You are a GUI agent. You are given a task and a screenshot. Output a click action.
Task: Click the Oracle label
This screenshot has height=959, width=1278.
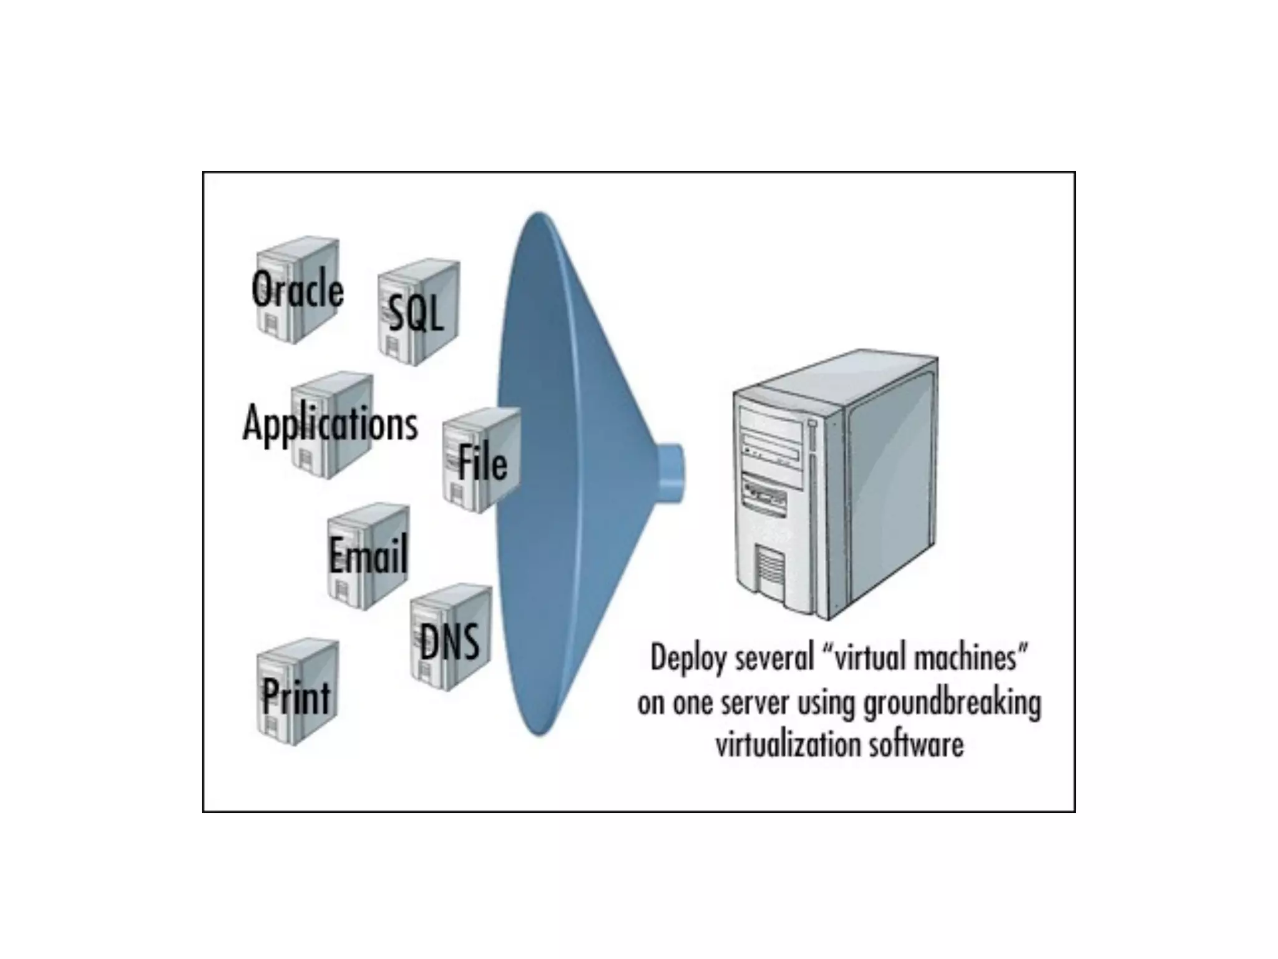(x=297, y=290)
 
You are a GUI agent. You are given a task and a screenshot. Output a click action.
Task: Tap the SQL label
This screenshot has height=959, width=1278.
(x=416, y=313)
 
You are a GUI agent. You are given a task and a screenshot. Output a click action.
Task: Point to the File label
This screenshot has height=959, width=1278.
(x=482, y=463)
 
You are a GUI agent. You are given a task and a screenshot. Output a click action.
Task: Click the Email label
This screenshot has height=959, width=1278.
(x=368, y=554)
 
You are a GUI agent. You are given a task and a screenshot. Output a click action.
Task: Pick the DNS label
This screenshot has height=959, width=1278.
(x=449, y=642)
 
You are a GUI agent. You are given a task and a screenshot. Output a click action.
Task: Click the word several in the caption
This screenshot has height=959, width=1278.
(x=774, y=658)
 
